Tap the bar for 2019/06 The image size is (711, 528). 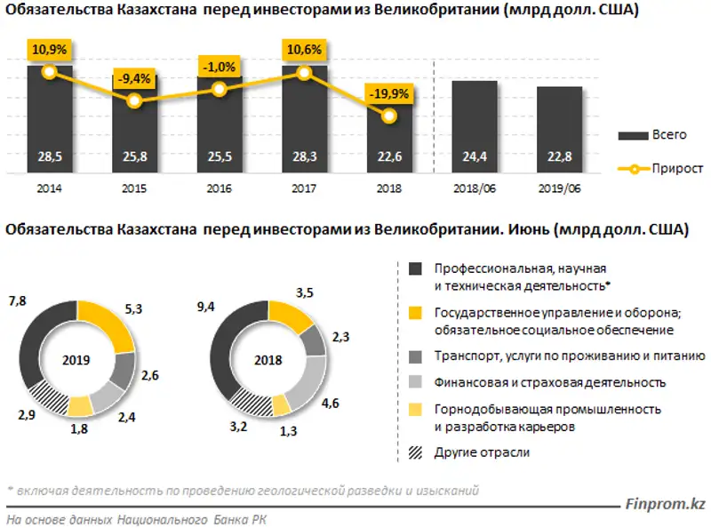(x=559, y=130)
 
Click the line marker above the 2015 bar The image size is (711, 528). (x=134, y=101)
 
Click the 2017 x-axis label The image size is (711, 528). (x=304, y=188)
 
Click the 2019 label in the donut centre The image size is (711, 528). (x=77, y=360)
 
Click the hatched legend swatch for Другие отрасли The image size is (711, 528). (x=415, y=452)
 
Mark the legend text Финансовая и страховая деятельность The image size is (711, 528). (x=550, y=382)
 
